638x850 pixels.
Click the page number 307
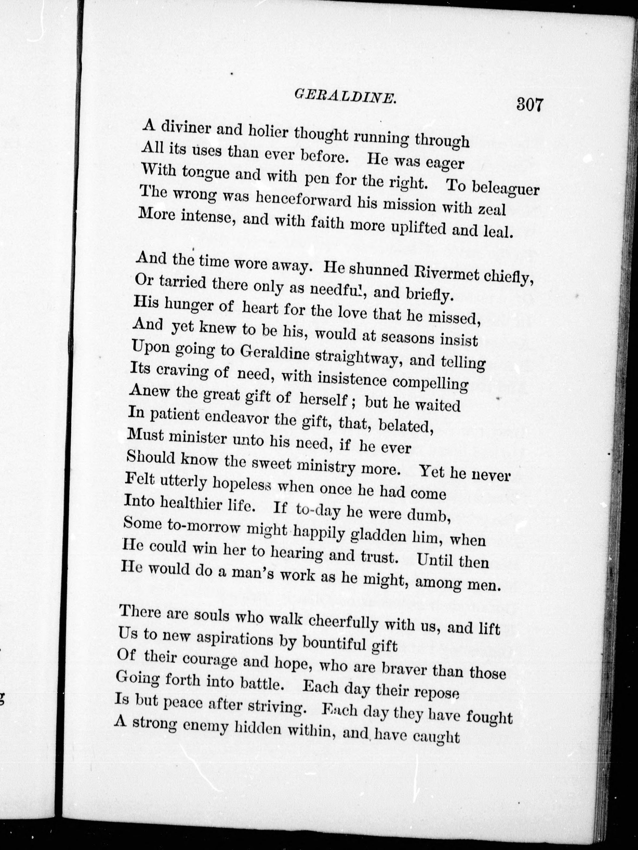(530, 105)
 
